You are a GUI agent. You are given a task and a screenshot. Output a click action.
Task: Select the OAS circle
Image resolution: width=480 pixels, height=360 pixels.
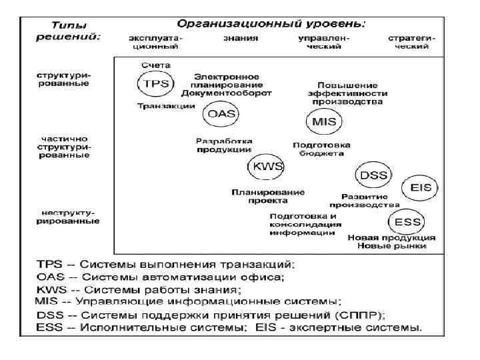click(220, 113)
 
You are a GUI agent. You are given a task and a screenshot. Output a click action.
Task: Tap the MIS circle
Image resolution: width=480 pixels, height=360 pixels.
click(324, 121)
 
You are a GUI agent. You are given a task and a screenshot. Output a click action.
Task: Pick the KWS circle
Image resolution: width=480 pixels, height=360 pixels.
click(265, 166)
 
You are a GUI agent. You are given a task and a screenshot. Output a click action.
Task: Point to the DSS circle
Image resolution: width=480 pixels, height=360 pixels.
click(374, 175)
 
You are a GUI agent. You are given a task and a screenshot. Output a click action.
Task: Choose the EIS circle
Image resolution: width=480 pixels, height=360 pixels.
click(421, 187)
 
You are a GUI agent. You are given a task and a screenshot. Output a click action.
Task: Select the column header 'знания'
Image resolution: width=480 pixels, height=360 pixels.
click(240, 39)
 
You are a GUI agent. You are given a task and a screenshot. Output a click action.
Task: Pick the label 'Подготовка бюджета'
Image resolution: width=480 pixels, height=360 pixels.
click(318, 149)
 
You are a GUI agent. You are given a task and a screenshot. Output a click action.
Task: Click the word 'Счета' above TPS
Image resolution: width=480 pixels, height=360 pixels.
click(157, 65)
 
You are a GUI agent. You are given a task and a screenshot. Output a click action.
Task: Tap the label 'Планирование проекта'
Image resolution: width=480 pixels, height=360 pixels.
click(268, 197)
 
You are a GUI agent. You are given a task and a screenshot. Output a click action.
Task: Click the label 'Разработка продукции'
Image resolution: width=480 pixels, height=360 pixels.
click(224, 145)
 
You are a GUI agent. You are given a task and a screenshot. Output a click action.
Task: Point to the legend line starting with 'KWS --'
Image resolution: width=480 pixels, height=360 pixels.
click(137, 290)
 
